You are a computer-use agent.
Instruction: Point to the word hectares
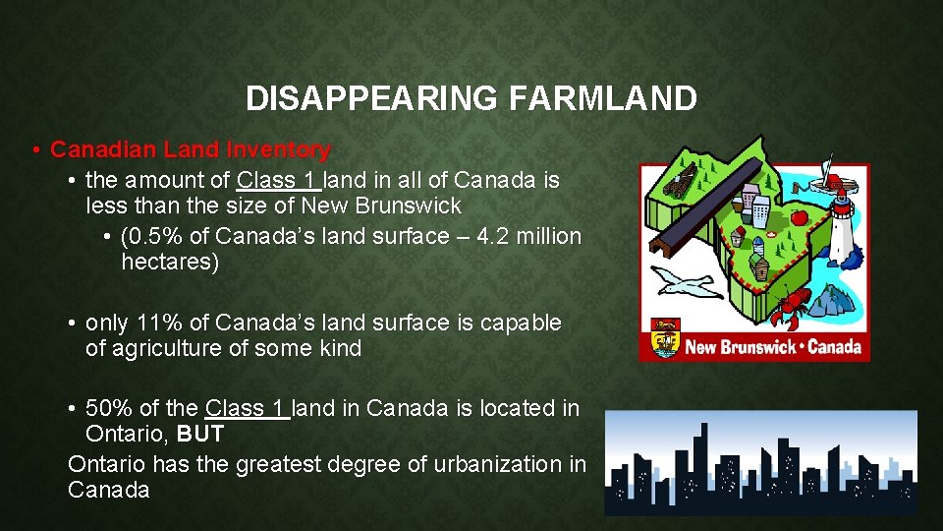[x=169, y=263]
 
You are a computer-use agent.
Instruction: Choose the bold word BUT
[x=200, y=434]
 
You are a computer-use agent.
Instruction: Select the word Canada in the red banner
[x=834, y=346]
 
